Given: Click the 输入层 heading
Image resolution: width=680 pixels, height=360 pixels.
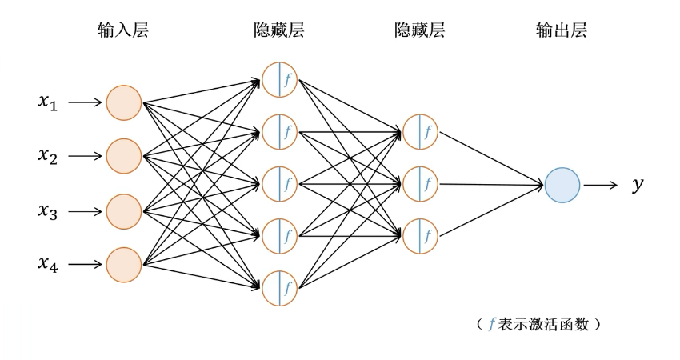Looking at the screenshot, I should (x=125, y=31).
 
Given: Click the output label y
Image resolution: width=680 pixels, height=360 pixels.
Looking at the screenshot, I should (x=638, y=186).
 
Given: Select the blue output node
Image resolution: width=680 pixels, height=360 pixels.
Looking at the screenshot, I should (x=563, y=185).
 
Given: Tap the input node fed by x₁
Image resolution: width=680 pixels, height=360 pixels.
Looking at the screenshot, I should (x=124, y=102).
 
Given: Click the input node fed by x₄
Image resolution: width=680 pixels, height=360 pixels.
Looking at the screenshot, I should (x=124, y=264).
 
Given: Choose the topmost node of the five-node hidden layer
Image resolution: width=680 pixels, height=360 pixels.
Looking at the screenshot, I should (x=279, y=78).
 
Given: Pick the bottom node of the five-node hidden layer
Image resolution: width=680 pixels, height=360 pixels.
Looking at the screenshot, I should (x=279, y=288).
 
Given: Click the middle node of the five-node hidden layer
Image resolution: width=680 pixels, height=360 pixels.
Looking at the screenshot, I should (x=279, y=183).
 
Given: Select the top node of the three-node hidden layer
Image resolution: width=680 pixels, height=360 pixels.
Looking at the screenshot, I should (x=421, y=131).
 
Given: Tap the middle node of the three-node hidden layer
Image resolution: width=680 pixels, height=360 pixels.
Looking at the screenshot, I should (x=421, y=184).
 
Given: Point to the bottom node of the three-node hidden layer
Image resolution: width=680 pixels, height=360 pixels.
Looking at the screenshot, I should (x=421, y=236).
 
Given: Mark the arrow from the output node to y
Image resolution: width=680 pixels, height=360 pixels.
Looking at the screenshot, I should (x=602, y=186).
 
